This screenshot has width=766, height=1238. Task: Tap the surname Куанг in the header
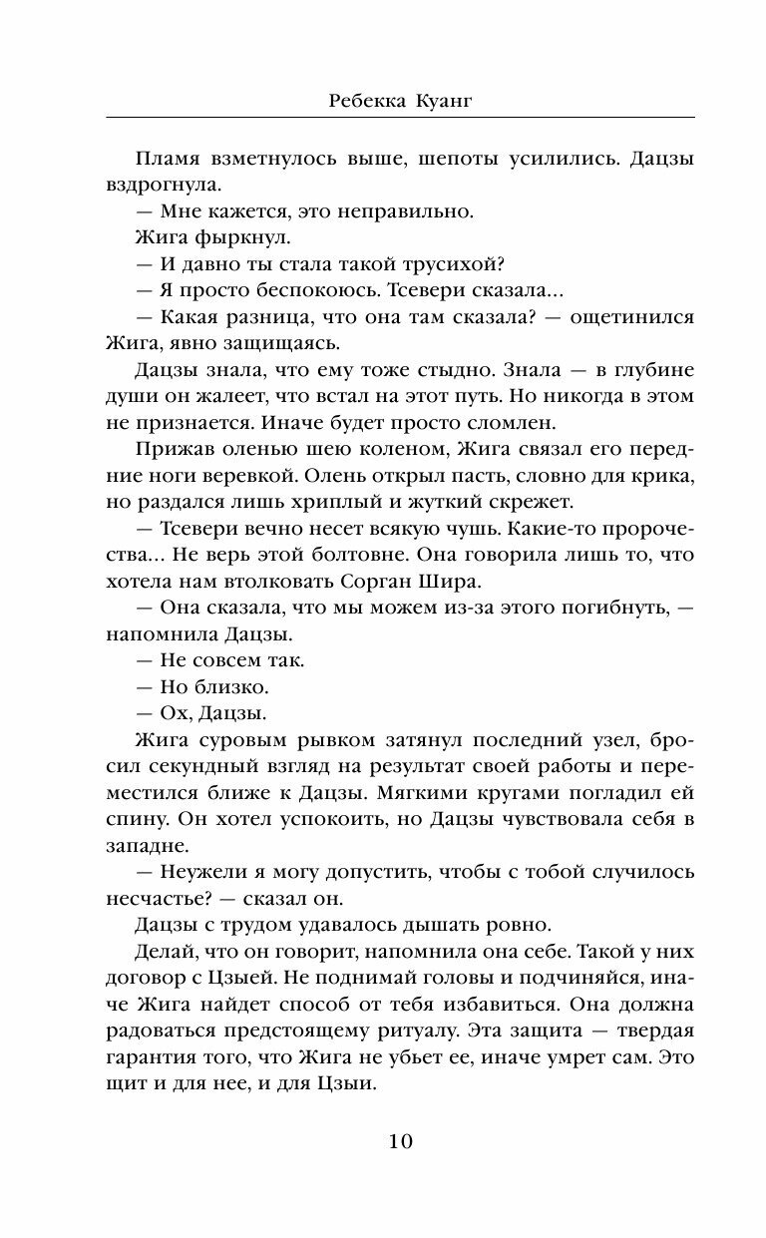(x=434, y=100)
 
